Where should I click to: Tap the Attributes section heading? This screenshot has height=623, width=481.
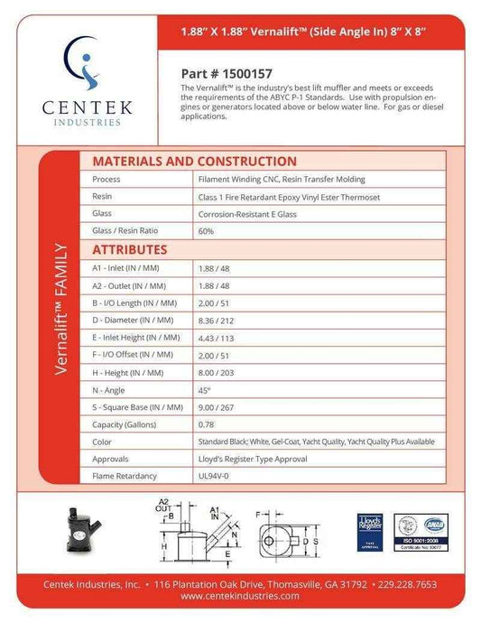(x=129, y=249)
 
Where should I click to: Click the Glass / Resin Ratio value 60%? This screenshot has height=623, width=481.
(x=206, y=231)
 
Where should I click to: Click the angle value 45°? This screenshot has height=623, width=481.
(x=204, y=389)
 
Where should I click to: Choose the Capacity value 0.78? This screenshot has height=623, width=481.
(x=206, y=424)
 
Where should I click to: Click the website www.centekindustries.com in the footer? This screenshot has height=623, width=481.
(x=240, y=596)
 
